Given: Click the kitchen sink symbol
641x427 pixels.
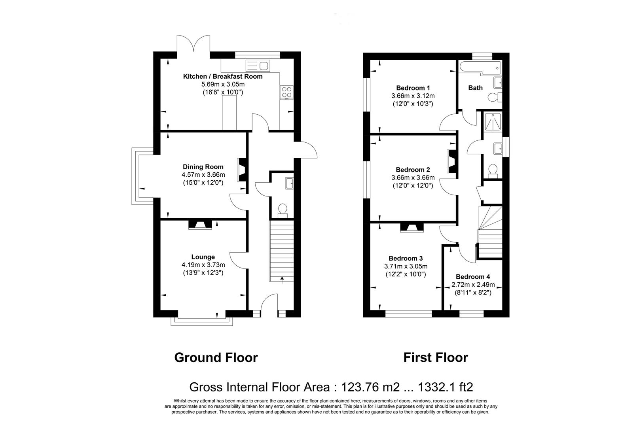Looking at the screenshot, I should click(x=257, y=65).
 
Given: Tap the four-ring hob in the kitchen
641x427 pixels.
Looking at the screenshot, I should click(x=286, y=92).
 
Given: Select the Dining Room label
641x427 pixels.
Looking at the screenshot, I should click(x=203, y=167).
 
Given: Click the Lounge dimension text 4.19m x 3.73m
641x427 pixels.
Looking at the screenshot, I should click(x=203, y=265).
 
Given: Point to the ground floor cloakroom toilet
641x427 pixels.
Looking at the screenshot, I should click(x=283, y=210).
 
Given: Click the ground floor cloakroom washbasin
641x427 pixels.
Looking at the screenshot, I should click(x=289, y=183).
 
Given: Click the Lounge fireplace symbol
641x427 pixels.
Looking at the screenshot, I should click(x=200, y=225).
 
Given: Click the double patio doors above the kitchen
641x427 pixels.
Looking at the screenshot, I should click(x=193, y=44).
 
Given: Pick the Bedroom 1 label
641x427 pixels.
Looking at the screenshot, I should click(x=413, y=88).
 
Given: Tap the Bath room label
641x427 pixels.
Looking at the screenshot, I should click(x=475, y=88).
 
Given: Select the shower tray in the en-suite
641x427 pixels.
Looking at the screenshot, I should click(x=492, y=122).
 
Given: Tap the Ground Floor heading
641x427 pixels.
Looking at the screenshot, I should click(x=216, y=357).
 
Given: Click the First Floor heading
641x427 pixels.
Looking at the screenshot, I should click(x=435, y=357).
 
